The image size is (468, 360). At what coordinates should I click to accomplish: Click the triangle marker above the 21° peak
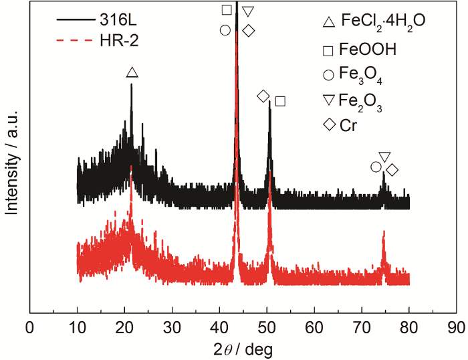132,72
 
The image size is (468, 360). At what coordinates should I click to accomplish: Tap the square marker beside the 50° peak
280,101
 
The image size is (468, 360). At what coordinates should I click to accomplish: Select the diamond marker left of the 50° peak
263,96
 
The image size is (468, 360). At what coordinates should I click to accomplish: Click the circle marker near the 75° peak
376,167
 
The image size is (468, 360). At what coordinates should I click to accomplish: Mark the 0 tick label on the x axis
29,328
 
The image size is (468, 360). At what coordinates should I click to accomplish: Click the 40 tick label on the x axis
219,328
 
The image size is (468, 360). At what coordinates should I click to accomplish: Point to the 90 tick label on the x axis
456,328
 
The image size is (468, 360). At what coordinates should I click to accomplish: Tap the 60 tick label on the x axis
314,328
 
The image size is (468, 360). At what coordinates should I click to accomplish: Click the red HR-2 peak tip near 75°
384,232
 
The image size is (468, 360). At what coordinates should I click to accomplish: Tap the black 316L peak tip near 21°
132,84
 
